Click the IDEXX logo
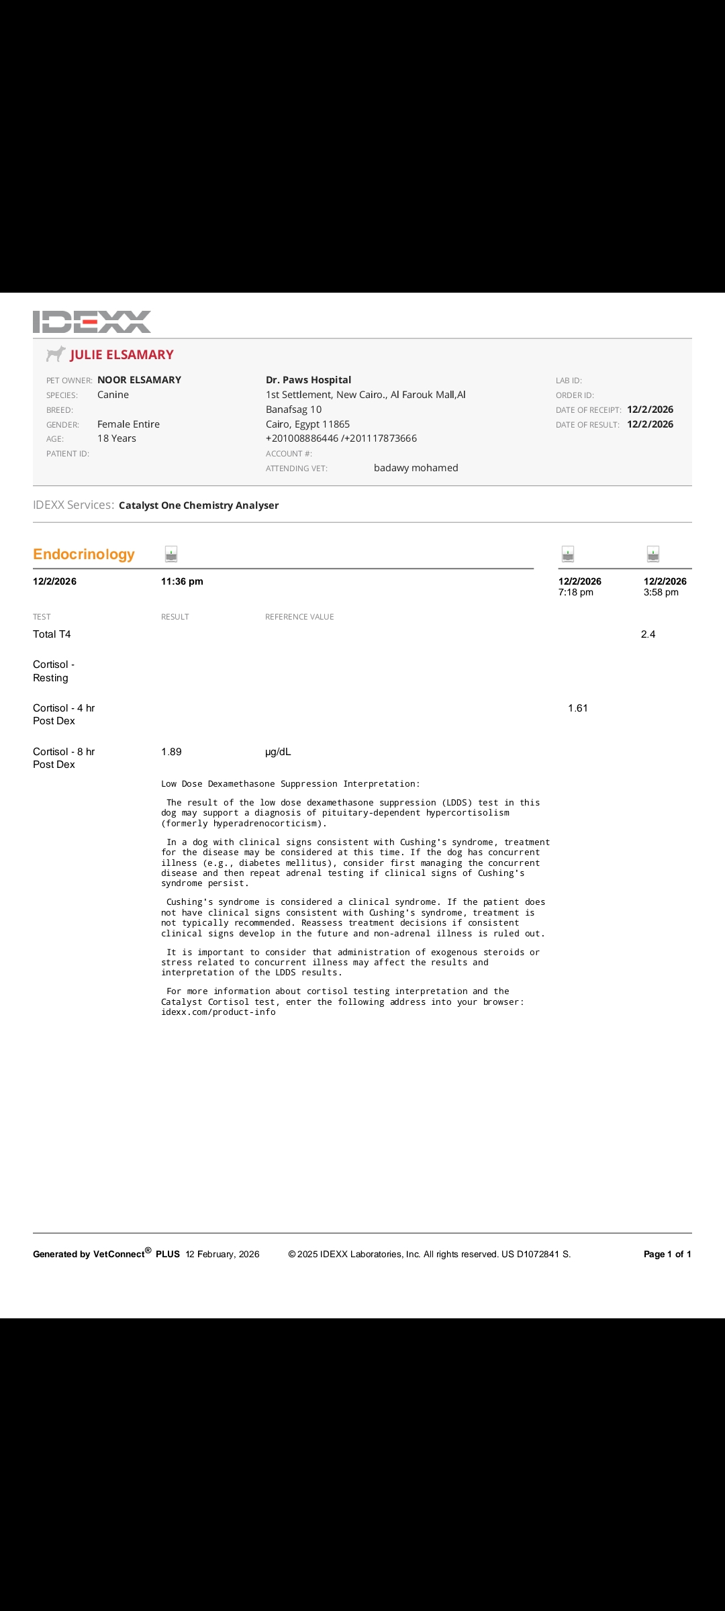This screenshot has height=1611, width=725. click(92, 322)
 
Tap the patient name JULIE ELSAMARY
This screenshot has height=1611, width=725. click(122, 355)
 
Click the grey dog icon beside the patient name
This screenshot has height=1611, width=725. click(56, 354)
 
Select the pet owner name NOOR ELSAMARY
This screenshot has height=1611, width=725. click(139, 380)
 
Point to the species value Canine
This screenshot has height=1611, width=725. click(113, 395)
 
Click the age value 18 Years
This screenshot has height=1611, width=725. click(117, 438)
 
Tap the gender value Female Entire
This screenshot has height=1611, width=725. click(128, 424)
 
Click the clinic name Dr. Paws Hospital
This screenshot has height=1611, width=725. click(308, 380)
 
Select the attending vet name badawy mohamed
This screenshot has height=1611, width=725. click(416, 468)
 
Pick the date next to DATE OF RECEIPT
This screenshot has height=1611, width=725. click(650, 409)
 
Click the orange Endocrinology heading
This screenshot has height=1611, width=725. click(84, 554)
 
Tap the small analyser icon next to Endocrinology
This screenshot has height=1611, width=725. click(171, 554)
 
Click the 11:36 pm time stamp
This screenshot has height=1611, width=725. click(182, 581)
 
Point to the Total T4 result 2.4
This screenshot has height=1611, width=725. click(648, 634)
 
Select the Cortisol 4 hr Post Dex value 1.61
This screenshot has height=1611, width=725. click(577, 708)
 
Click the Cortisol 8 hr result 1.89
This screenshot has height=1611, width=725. click(171, 752)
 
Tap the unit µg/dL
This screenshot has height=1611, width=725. click(278, 752)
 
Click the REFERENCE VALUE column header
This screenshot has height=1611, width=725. click(299, 617)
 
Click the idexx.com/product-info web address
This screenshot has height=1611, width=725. click(218, 1012)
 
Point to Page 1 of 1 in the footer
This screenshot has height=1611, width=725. click(667, 1254)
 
